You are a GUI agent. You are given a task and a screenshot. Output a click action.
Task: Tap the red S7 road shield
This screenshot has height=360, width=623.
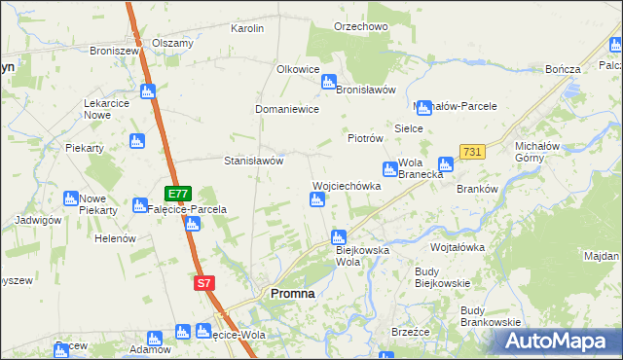[202, 283]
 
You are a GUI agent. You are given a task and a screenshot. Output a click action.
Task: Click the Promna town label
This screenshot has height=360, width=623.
[291, 293]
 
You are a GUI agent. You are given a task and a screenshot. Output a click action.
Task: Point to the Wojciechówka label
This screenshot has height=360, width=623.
[346, 185]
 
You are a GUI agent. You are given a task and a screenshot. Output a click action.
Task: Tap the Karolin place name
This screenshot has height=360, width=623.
[247, 28]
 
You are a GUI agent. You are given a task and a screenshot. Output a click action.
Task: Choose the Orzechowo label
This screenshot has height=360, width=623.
[360, 26]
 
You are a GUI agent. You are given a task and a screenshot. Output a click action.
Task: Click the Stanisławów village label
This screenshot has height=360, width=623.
[253, 161]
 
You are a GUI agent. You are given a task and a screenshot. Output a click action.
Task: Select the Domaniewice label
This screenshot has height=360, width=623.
[287, 109]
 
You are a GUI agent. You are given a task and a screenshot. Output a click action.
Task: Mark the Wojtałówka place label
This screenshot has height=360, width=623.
[458, 247]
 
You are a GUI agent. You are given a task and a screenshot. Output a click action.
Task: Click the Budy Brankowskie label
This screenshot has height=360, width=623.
[491, 315]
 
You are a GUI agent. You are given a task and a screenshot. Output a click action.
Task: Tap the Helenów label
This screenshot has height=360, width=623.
[115, 238]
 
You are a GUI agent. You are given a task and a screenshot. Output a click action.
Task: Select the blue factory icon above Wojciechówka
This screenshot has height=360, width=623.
[316, 200]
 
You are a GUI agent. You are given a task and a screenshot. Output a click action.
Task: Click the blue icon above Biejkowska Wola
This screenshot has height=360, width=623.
[339, 236]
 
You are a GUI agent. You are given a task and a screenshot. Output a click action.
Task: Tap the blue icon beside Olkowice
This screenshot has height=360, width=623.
[329, 82]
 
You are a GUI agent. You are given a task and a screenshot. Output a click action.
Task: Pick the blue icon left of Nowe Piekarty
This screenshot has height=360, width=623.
[71, 198]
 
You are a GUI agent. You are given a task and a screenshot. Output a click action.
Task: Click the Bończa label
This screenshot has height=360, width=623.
[564, 69]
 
